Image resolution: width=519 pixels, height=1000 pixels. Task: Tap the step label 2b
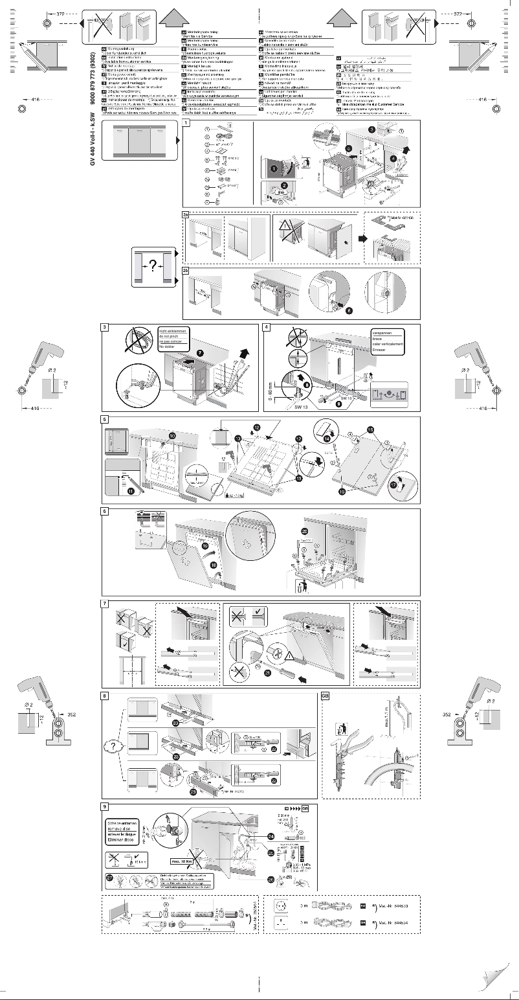pos(186,271)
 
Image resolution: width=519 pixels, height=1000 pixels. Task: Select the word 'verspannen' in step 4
pos(385,332)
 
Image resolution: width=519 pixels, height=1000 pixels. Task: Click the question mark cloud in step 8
pos(113,746)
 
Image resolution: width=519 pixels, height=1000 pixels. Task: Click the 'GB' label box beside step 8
pos(326,697)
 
